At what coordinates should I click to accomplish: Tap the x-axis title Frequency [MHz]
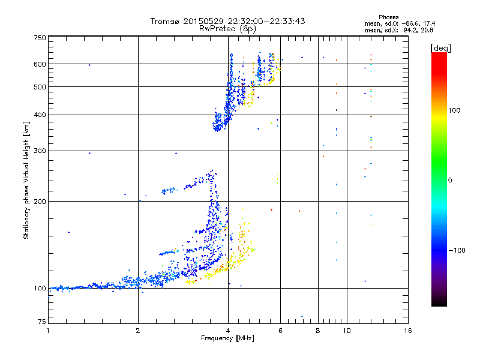(227, 339)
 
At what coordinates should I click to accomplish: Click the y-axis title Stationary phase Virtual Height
(26, 181)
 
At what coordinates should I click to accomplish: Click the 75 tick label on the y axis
(41, 323)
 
